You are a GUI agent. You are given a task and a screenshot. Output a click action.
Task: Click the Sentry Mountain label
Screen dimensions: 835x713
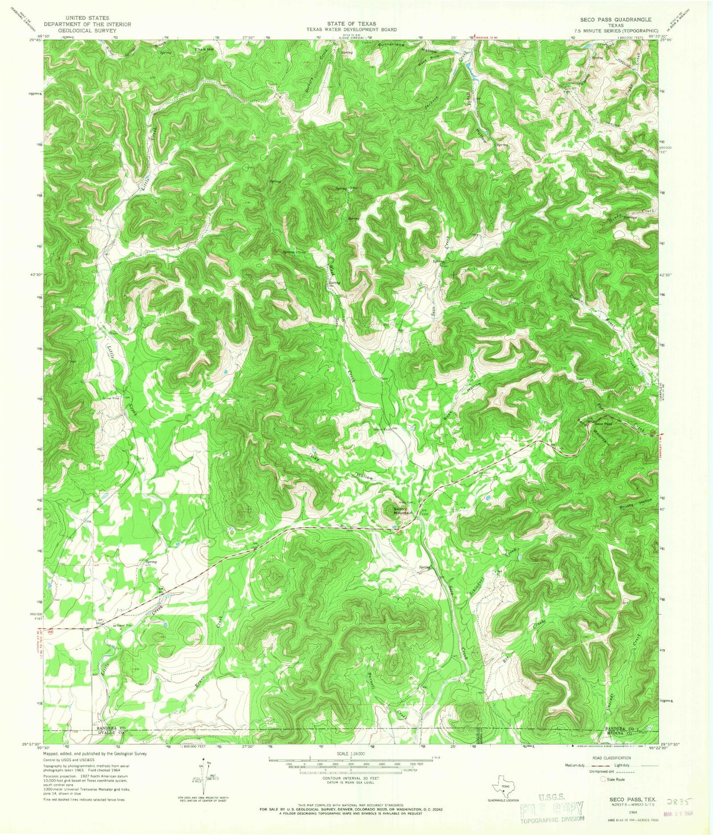403,512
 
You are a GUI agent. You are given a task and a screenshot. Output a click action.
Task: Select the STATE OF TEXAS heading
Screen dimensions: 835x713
351,24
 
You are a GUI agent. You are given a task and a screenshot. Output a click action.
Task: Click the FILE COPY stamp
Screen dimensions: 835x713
553,810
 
